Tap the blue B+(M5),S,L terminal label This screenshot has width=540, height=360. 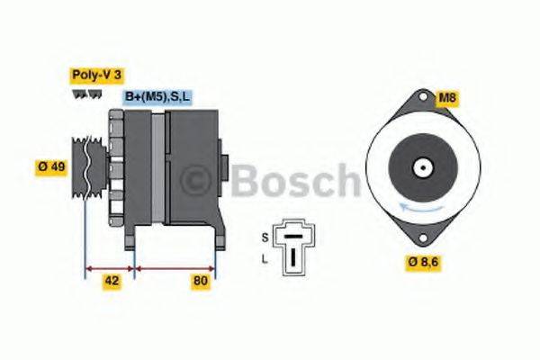pos(157,96)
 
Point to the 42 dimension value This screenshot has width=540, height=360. pos(111,282)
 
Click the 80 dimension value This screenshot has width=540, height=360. pos(201,282)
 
